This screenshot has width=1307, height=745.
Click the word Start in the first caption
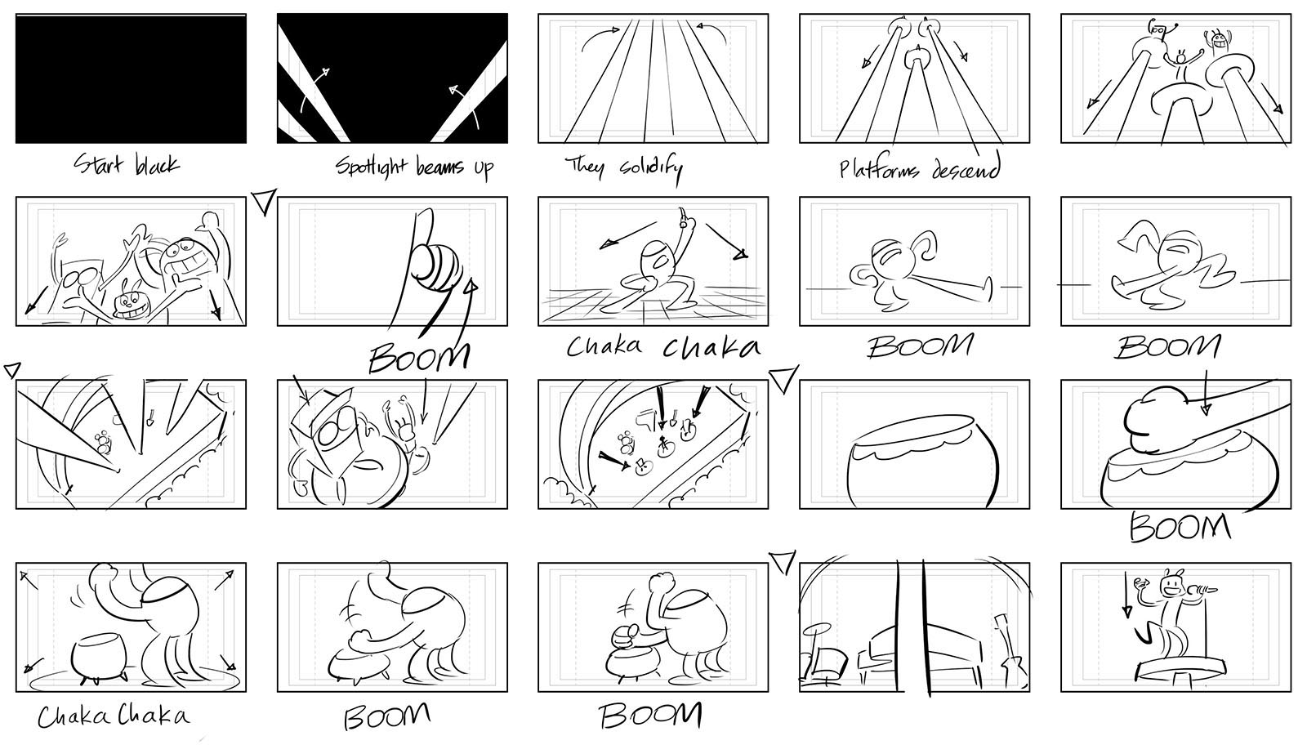click(x=98, y=164)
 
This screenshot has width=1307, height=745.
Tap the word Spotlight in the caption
click(x=371, y=167)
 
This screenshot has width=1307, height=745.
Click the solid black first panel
click(x=131, y=78)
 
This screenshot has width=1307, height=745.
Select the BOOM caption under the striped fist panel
click(x=419, y=356)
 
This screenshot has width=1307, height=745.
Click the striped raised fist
click(x=437, y=267)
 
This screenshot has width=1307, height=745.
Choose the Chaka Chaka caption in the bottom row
click(x=114, y=716)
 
